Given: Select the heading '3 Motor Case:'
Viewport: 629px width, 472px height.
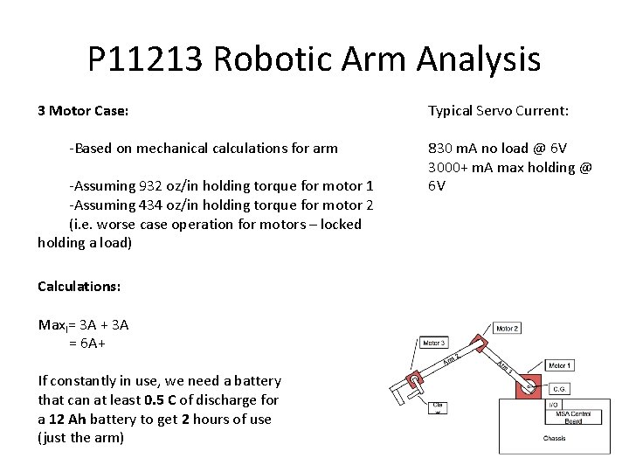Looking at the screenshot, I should (x=83, y=111).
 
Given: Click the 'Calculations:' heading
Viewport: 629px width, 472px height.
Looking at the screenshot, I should (x=79, y=286).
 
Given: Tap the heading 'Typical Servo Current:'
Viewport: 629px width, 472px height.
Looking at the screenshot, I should (x=498, y=111).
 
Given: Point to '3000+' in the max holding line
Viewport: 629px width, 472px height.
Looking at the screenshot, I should (x=448, y=167).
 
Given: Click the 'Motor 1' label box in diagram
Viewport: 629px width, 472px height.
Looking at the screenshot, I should (x=560, y=364).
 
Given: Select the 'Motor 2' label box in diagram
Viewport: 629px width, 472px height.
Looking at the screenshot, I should (x=508, y=329).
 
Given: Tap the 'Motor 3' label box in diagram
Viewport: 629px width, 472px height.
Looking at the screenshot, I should (x=433, y=343).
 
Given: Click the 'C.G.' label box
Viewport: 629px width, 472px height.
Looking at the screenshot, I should (x=559, y=388).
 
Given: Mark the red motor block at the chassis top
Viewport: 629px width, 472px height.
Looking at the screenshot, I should (x=529, y=388).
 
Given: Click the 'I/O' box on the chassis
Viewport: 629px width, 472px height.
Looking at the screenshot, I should (x=554, y=403).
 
